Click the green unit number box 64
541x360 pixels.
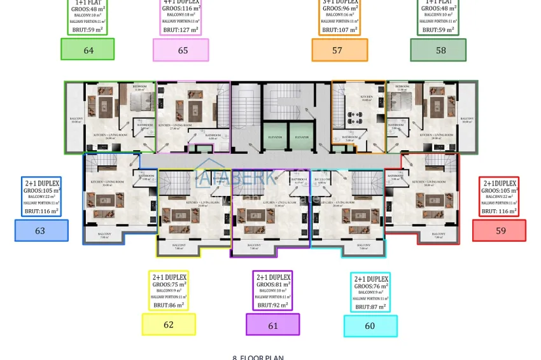coord(88,50)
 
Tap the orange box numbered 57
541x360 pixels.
coord(339,50)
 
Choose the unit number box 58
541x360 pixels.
coord(438,50)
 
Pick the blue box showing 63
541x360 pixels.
coord(41,230)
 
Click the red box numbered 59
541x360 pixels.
coord(499,230)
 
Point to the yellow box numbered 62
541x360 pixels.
coord(169,324)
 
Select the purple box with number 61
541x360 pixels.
coord(272,325)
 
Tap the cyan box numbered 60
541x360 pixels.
coord(370,326)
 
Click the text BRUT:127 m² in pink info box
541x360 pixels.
coord(181,29)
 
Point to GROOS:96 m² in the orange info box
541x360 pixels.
coord(341,9)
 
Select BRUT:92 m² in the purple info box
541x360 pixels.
coord(272,305)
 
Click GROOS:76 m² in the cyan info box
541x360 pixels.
coord(370,287)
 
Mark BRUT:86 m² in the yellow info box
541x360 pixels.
coord(169,305)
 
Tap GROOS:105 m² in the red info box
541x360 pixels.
coord(499,190)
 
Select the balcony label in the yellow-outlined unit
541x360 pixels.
coord(179,246)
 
